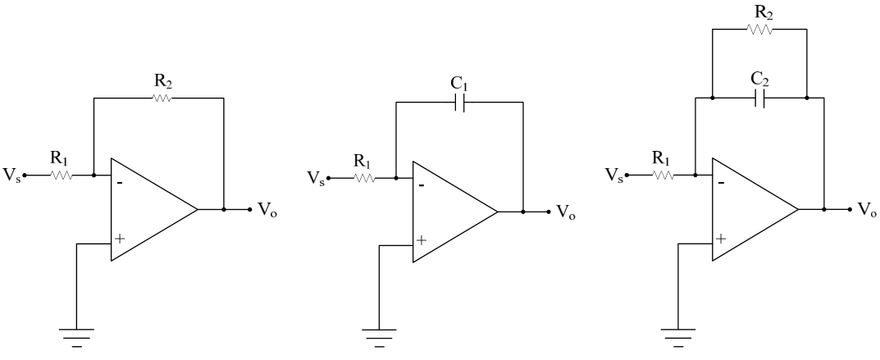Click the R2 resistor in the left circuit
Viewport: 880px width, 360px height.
(x=162, y=98)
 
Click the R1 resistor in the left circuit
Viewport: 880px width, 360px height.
(x=62, y=175)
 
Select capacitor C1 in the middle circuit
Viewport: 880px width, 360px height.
(x=459, y=102)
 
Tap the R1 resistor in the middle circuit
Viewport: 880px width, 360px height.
(x=364, y=178)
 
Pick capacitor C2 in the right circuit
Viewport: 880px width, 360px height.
(x=760, y=98)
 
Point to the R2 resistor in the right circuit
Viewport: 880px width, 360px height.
(x=760, y=30)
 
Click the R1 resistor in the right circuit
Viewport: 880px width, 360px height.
(x=663, y=175)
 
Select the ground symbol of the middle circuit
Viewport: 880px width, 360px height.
(x=379, y=338)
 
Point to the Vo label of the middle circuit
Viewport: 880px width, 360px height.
(x=566, y=212)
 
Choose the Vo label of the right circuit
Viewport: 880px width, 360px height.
(x=868, y=210)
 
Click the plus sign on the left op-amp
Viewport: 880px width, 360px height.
(x=119, y=239)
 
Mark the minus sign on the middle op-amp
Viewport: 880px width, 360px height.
(x=422, y=185)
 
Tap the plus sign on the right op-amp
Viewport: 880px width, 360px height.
(x=721, y=239)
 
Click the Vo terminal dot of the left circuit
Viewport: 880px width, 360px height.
(x=250, y=210)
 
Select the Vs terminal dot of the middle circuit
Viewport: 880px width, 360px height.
(x=328, y=178)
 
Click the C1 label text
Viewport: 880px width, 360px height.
(x=459, y=84)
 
